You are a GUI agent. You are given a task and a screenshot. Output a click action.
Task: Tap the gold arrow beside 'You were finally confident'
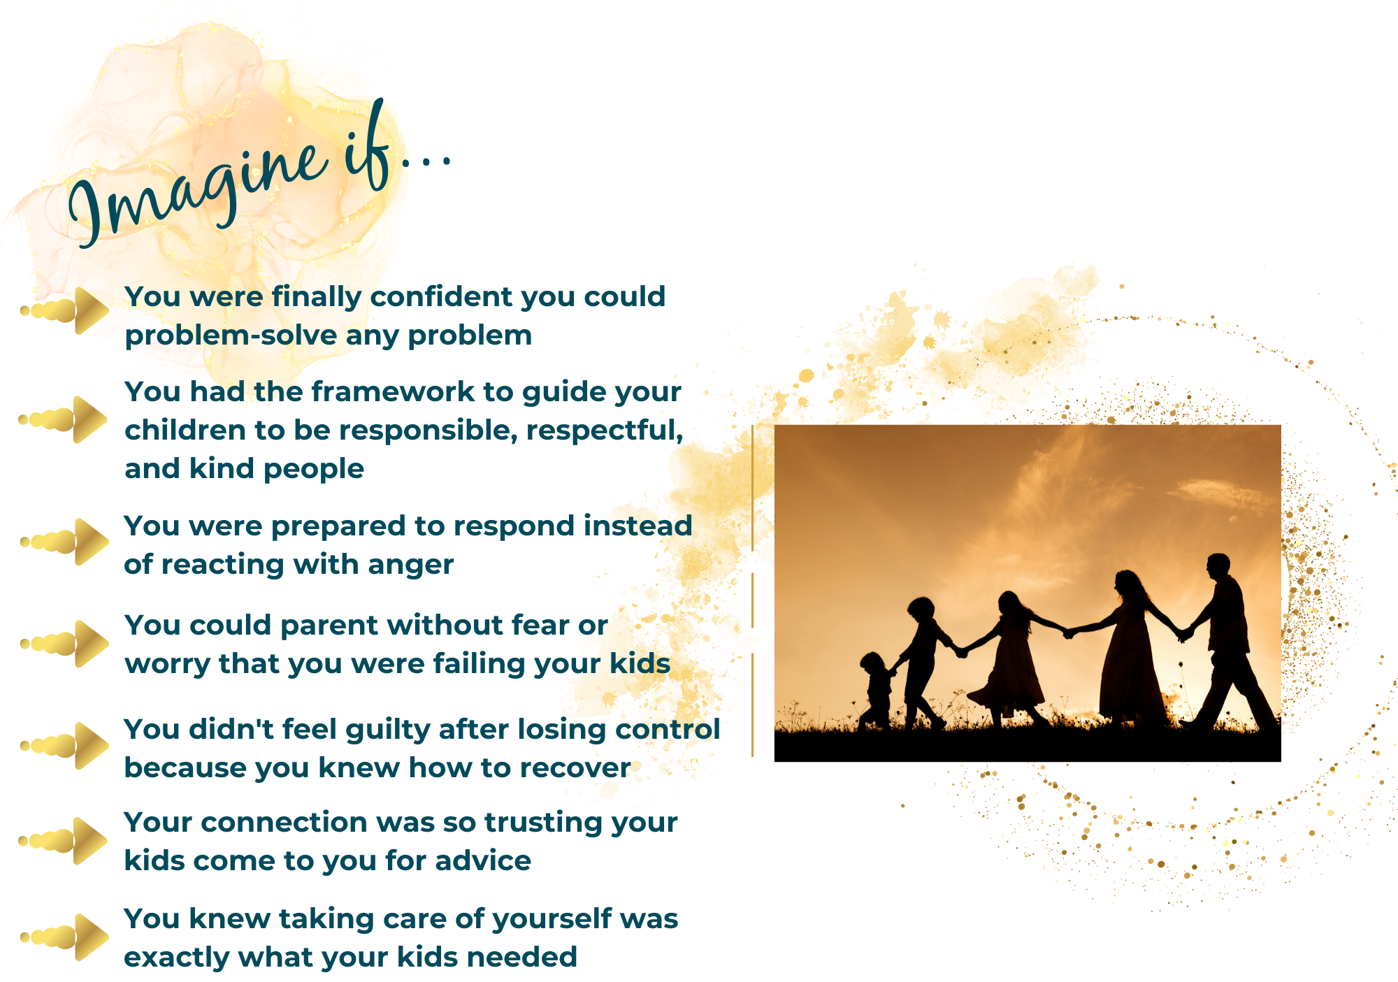(x=65, y=310)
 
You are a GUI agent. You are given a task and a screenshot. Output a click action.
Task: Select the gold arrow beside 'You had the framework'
(x=63, y=419)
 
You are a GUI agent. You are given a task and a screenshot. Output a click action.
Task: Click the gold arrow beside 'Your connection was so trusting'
(x=64, y=841)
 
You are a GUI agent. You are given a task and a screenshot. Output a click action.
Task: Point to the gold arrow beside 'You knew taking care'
(x=64, y=937)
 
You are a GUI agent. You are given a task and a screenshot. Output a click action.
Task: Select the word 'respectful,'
(x=605, y=431)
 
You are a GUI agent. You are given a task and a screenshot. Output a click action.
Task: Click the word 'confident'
(x=442, y=296)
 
